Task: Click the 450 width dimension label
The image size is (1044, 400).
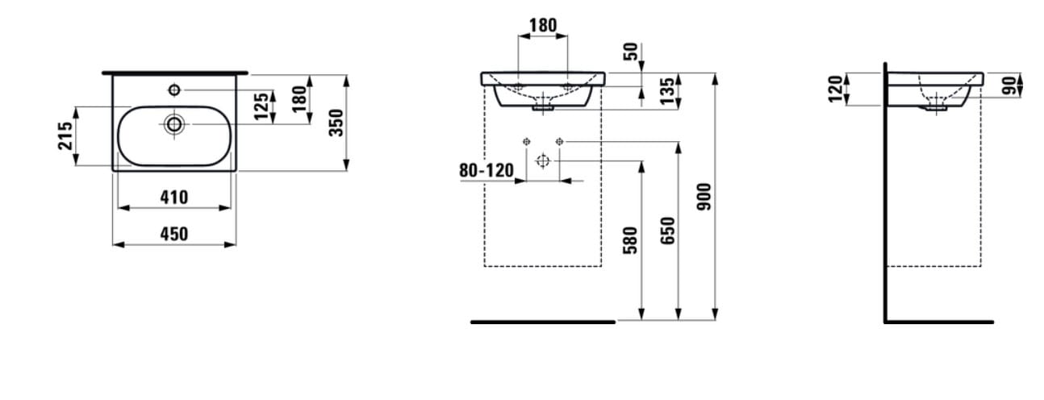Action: click(x=174, y=234)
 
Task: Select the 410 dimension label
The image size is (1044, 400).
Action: click(x=174, y=198)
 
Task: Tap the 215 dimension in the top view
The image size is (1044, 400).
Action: click(x=65, y=135)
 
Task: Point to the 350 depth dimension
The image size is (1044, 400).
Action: click(x=336, y=123)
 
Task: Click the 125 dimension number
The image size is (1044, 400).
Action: click(x=261, y=106)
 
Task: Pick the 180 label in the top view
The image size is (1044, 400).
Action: click(x=299, y=98)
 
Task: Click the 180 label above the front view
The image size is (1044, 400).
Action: click(x=543, y=25)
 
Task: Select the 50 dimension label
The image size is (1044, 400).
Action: click(x=630, y=52)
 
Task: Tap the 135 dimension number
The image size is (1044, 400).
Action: click(x=667, y=91)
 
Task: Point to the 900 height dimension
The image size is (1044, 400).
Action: click(x=704, y=197)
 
